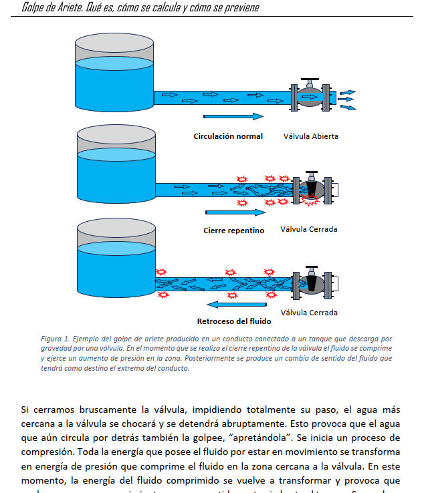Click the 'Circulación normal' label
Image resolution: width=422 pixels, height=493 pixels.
click(228, 136)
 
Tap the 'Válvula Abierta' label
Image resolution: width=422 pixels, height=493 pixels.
click(310, 136)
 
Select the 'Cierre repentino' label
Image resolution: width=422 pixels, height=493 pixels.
click(234, 230)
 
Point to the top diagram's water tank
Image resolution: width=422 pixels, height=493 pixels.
click(114, 73)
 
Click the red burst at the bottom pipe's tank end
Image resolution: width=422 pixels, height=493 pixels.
click(161, 272)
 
